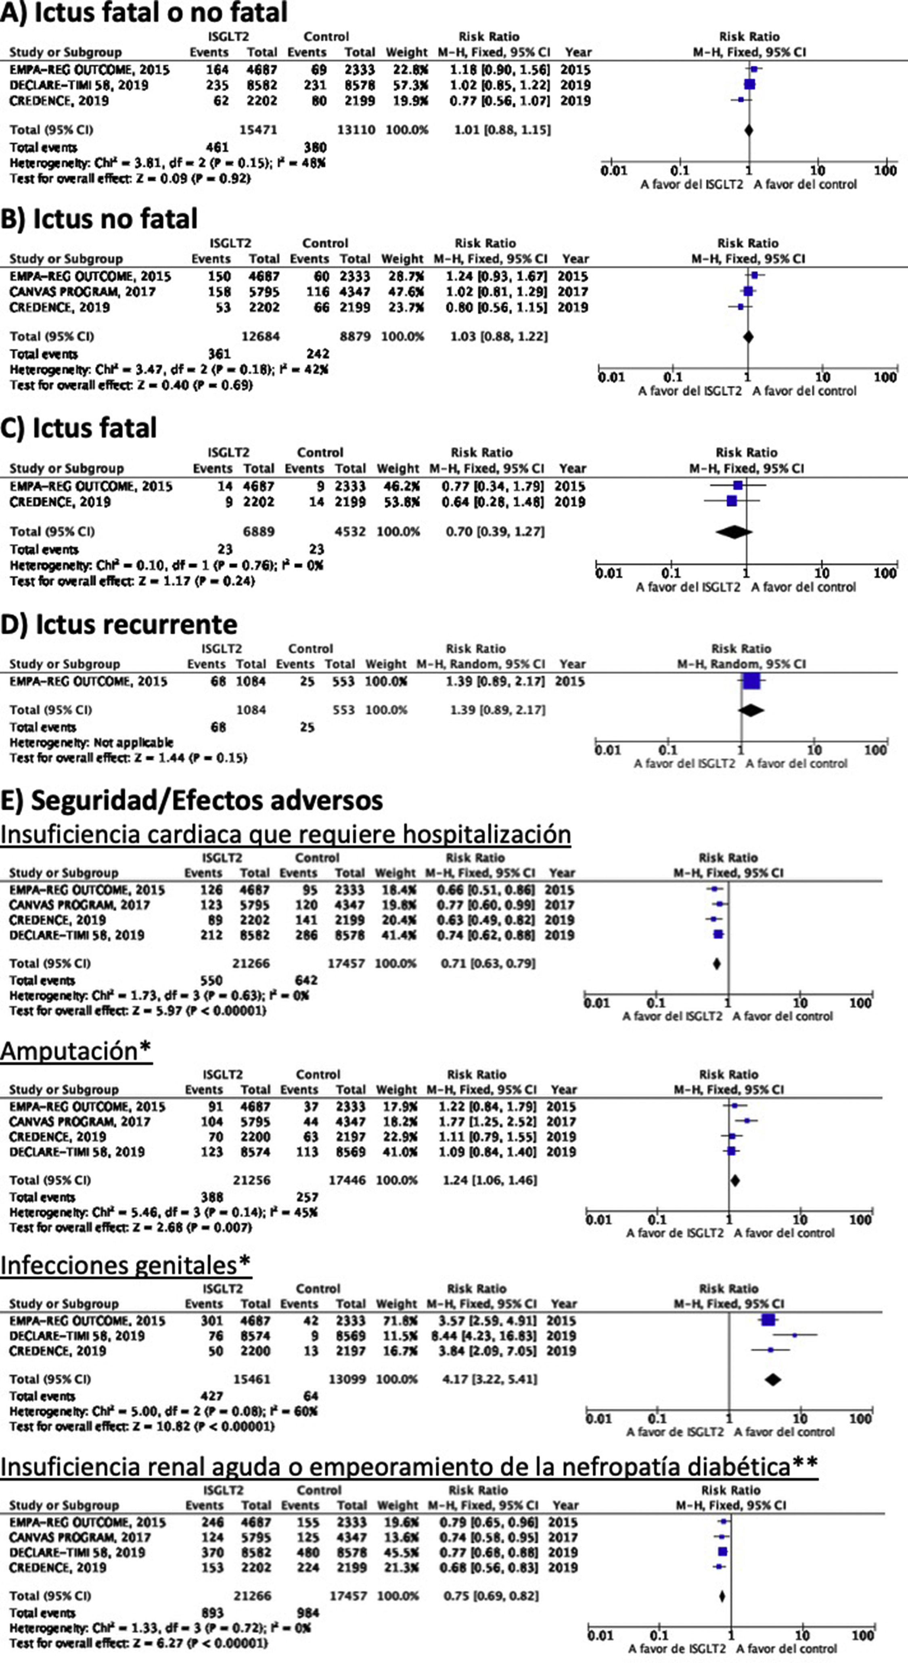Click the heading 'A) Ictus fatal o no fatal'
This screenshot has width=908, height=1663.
tap(143, 13)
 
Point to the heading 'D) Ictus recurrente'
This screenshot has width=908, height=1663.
tap(119, 624)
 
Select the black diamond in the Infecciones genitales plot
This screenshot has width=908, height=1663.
tap(772, 1379)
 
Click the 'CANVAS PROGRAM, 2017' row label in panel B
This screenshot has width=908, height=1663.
tap(83, 292)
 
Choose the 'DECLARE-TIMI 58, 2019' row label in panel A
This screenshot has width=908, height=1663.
tap(79, 85)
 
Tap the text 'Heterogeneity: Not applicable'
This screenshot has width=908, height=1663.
tap(91, 742)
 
